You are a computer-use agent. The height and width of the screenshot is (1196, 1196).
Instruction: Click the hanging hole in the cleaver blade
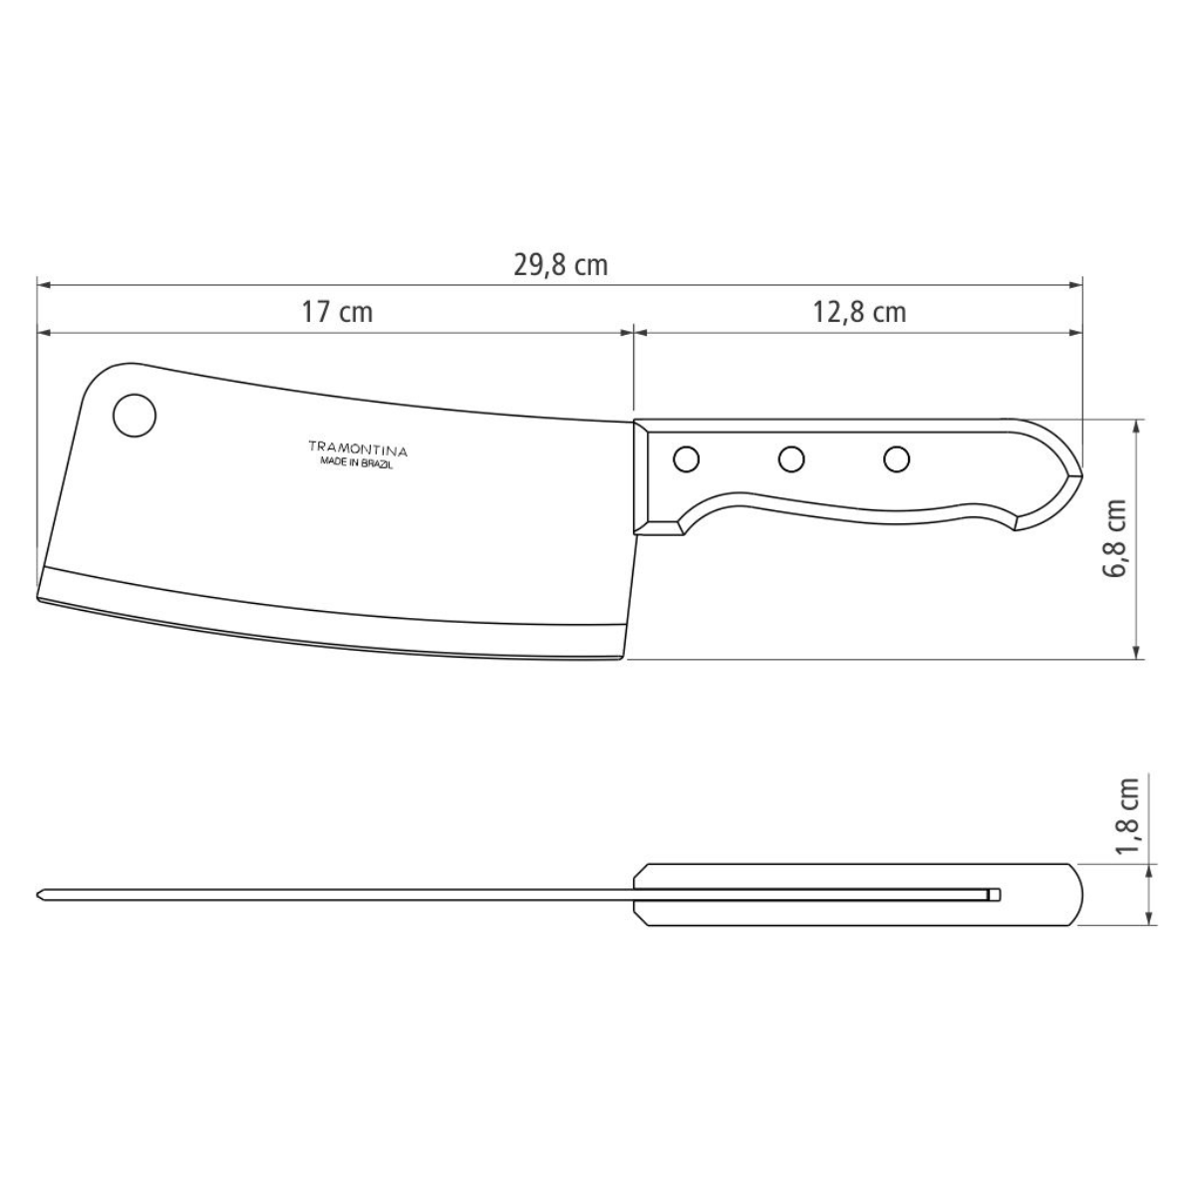134,415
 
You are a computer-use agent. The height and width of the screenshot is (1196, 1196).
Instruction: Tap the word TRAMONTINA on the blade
358,448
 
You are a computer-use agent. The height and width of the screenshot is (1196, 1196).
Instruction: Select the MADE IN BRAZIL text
358,463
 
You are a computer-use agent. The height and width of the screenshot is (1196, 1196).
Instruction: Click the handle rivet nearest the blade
686,459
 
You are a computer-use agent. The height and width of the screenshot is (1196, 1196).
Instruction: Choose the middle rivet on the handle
792,459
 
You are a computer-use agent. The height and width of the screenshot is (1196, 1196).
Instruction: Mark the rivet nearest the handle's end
897,459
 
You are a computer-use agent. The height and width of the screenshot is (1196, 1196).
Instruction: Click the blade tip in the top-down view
40,894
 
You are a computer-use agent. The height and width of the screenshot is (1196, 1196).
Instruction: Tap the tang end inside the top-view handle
996,894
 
